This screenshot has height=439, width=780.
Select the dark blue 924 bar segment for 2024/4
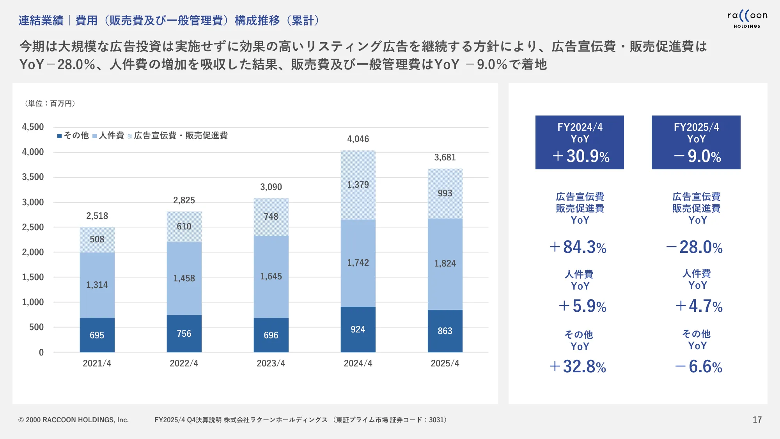point(358,329)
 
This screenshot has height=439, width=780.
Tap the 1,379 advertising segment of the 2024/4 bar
point(358,185)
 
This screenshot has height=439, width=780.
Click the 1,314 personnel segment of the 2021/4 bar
point(97,285)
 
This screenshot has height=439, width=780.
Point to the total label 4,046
point(358,139)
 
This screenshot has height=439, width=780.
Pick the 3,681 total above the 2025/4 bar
point(445,157)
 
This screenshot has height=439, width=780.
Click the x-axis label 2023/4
point(271,363)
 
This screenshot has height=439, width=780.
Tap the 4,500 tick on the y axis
point(33,127)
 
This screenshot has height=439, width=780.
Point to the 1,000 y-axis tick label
point(33,302)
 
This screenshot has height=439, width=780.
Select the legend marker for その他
point(60,136)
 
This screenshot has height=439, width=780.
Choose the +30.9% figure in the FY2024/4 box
point(581,156)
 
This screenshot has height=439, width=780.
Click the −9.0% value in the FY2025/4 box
point(697,156)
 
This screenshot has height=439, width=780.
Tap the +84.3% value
point(578,247)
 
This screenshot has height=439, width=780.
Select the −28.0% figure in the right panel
point(695,247)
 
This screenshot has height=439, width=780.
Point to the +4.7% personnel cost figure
point(699,306)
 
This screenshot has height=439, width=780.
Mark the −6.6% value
point(699,367)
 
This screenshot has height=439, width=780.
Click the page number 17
point(757,419)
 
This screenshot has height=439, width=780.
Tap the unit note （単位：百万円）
point(50,103)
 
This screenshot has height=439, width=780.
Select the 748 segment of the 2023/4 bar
point(271,217)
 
